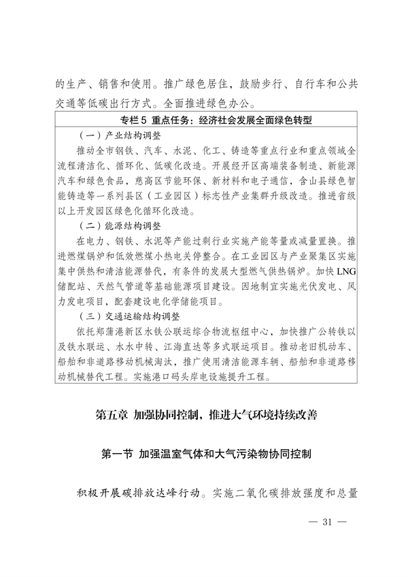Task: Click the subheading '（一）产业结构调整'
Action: [x=120, y=135]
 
